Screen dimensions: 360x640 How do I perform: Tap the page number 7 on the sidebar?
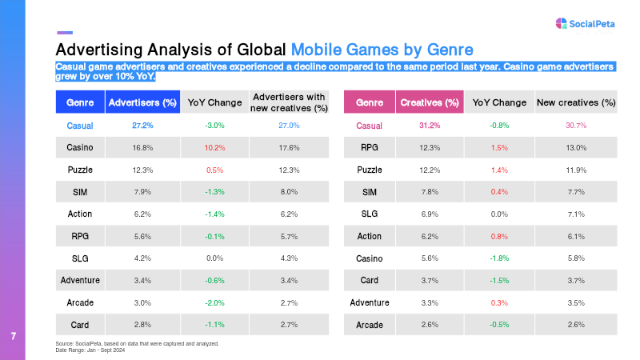(14, 335)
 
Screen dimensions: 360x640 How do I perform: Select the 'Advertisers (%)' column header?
(142, 102)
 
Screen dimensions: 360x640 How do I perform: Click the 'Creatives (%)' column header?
(430, 102)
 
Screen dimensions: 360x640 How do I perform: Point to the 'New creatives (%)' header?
(576, 102)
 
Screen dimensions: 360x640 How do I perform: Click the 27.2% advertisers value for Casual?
(142, 126)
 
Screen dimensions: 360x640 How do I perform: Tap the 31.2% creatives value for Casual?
(430, 126)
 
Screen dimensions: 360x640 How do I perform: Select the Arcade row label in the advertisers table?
(80, 302)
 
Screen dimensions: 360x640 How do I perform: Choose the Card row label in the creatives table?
(369, 281)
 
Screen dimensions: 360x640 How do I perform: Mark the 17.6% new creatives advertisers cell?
(290, 147)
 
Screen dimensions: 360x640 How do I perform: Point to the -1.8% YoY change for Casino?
(499, 258)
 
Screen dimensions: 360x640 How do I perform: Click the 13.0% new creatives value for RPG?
(576, 147)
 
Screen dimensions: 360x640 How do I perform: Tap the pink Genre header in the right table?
(369, 102)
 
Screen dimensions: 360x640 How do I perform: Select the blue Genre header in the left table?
(80, 102)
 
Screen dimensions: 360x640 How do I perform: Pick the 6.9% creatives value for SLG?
(430, 214)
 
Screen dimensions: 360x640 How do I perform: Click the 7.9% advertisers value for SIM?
(142, 192)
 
